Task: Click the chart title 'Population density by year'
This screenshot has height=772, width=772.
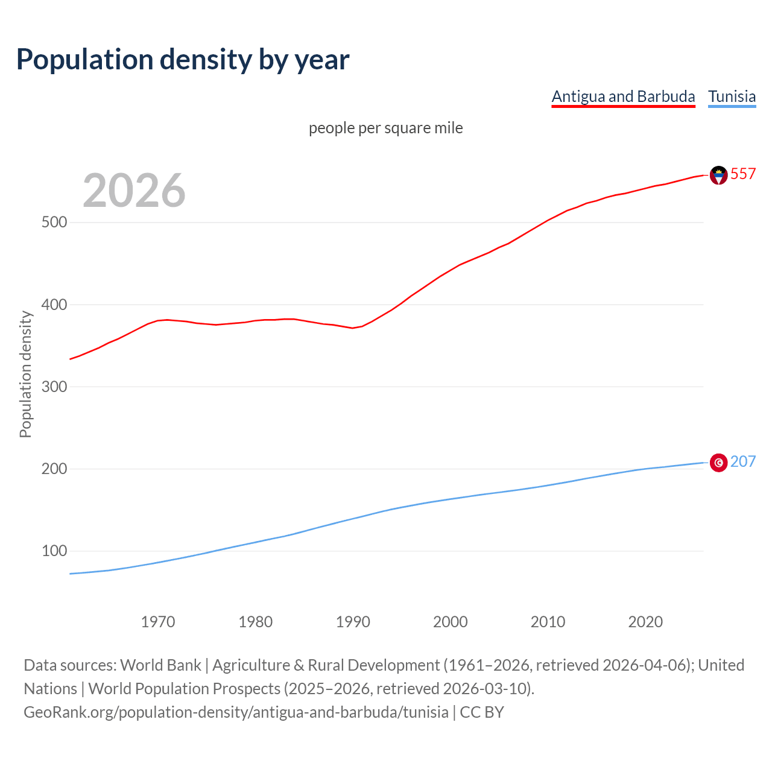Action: pyautogui.click(x=183, y=60)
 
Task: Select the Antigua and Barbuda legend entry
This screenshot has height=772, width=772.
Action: pyautogui.click(x=623, y=96)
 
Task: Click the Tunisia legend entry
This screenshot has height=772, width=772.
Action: pyautogui.click(x=732, y=96)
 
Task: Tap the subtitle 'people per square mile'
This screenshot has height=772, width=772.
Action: pyautogui.click(x=385, y=128)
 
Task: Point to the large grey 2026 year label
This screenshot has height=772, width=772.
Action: pyautogui.click(x=134, y=191)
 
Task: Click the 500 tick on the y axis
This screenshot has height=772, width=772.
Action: pyautogui.click(x=54, y=223)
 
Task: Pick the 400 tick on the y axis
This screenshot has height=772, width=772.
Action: pyautogui.click(x=54, y=305)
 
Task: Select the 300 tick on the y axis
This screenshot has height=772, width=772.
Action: pyautogui.click(x=54, y=387)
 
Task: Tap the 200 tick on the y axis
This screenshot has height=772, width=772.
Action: pyautogui.click(x=54, y=469)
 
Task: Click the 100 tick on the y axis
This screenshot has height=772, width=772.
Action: pyautogui.click(x=54, y=551)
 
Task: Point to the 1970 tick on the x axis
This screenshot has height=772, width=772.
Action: pyautogui.click(x=158, y=622)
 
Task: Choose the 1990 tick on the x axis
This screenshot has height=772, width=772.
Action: pyautogui.click(x=353, y=622)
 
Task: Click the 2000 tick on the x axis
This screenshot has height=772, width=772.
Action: pyautogui.click(x=451, y=622)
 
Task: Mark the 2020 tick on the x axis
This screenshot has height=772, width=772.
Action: pyautogui.click(x=645, y=622)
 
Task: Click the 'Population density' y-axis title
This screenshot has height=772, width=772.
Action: pyautogui.click(x=25, y=374)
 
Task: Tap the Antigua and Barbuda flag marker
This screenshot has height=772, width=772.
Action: pyautogui.click(x=718, y=175)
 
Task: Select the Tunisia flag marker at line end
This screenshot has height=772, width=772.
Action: pyautogui.click(x=718, y=463)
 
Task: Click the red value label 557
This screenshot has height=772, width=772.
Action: pyautogui.click(x=743, y=174)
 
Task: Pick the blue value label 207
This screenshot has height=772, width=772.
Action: pyautogui.click(x=743, y=461)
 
